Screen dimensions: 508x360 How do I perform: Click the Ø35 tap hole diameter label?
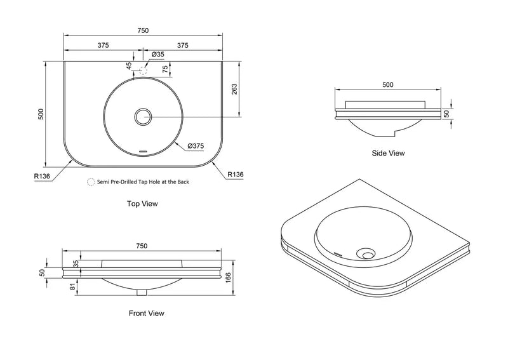(x=157, y=55)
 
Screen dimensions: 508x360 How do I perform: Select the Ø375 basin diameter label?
(x=196, y=146)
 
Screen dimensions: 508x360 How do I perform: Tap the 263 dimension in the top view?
(x=234, y=89)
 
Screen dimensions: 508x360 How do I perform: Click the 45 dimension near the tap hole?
(x=130, y=66)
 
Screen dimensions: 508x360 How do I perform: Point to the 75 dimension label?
(x=165, y=69)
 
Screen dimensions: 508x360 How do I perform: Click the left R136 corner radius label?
(x=42, y=177)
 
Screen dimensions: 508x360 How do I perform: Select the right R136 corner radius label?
(x=235, y=175)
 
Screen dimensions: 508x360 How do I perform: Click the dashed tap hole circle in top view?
(x=143, y=70)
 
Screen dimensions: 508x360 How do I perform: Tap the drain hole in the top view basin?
(x=143, y=117)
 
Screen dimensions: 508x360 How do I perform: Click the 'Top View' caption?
(x=142, y=204)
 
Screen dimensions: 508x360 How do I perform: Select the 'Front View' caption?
(x=147, y=314)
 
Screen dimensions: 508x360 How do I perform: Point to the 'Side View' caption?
(x=388, y=153)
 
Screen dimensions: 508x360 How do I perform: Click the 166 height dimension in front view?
(x=229, y=277)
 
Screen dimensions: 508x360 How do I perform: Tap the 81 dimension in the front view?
(x=72, y=286)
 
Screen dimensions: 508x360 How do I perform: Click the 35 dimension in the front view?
(x=76, y=263)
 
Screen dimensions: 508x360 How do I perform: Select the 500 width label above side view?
(x=388, y=85)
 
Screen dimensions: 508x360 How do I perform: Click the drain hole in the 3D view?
(x=367, y=254)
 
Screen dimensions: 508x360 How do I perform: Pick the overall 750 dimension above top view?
(x=143, y=30)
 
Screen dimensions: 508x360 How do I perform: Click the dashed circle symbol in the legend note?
(x=91, y=182)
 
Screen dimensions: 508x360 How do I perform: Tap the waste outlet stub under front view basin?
(x=142, y=293)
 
